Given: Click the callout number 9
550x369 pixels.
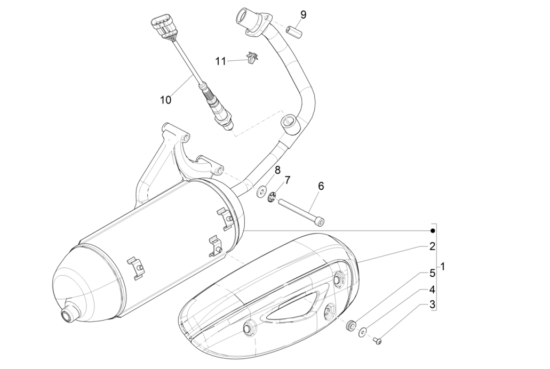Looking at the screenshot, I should pyautogui.click(x=303, y=14).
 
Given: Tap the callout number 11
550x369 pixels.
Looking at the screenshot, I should pyautogui.click(x=221, y=61).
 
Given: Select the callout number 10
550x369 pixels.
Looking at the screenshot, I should pyautogui.click(x=165, y=99).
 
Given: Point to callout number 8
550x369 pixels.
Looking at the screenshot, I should pyautogui.click(x=277, y=170).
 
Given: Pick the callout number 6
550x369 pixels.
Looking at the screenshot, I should pyautogui.click(x=321, y=186).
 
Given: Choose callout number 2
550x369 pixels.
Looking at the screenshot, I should pyautogui.click(x=432, y=246).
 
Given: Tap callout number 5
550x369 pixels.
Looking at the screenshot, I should pyautogui.click(x=432, y=274).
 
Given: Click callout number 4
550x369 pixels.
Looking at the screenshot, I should pyautogui.click(x=432, y=290).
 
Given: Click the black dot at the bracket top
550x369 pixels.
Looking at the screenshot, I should pyautogui.click(x=433, y=230).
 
